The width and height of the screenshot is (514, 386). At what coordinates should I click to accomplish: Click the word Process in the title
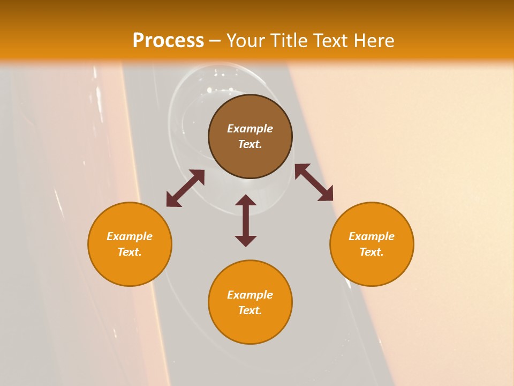tap(168, 41)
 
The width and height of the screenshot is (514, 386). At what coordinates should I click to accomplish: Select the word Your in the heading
tap(246, 41)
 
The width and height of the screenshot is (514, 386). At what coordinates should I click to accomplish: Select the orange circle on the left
tap(130, 268)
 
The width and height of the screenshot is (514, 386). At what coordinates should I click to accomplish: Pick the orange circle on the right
tap(372, 268)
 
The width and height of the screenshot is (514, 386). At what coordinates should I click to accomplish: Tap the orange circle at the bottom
tap(250, 327)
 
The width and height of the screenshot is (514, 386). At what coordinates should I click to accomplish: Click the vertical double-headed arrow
tap(246, 220)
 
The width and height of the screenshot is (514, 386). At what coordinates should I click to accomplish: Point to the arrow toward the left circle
tap(185, 188)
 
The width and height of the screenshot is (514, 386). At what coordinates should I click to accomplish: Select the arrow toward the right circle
tap(314, 182)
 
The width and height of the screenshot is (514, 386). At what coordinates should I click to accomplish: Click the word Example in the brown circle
tap(250, 129)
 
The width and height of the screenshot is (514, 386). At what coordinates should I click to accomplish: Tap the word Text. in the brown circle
tap(250, 144)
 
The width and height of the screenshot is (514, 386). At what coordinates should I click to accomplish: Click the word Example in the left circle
tap(130, 236)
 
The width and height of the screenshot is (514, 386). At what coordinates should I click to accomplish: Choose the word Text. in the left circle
tap(130, 252)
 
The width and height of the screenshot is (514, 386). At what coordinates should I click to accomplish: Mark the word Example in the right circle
tap(372, 236)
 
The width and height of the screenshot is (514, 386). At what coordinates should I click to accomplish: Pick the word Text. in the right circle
tap(372, 252)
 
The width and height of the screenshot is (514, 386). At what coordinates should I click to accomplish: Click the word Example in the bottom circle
tap(250, 295)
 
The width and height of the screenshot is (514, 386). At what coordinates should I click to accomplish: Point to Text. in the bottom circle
tap(250, 310)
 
